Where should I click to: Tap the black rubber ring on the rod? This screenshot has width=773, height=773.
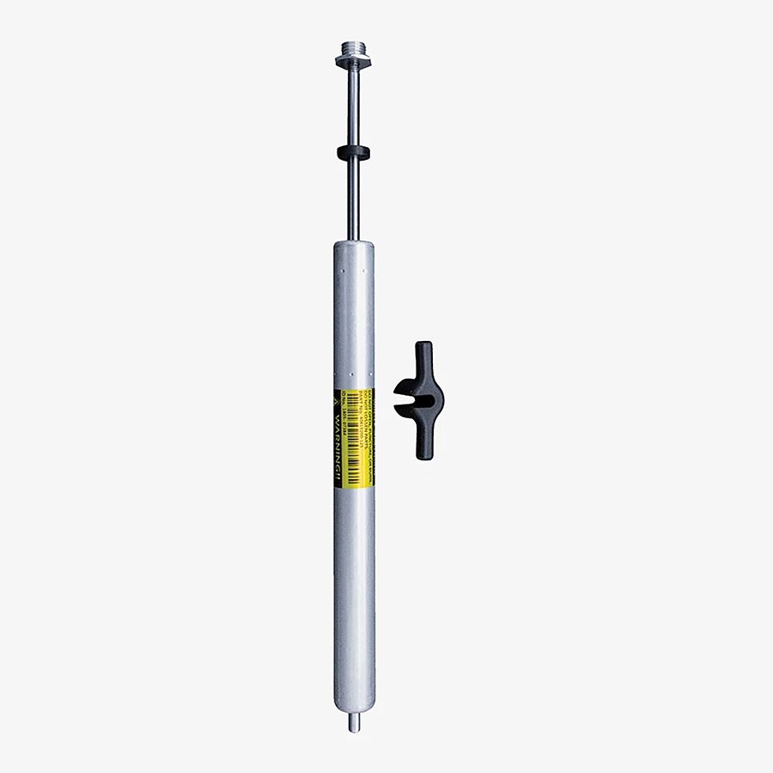pos(353,153)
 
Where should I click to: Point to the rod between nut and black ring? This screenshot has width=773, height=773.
pos(353,107)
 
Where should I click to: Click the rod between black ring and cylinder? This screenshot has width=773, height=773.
pos(353,202)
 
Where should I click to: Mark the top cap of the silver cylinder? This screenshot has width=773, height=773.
pos(354,248)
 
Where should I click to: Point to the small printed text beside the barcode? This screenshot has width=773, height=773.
pos(368,429)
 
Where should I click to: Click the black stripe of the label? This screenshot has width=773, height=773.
pos(338,464)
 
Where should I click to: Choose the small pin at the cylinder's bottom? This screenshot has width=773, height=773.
pos(354,723)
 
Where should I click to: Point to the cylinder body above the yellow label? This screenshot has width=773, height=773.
pos(354,318)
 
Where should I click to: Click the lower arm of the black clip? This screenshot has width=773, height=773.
pos(423,442)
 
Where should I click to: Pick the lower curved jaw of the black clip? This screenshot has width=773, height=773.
pos(405,411)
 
